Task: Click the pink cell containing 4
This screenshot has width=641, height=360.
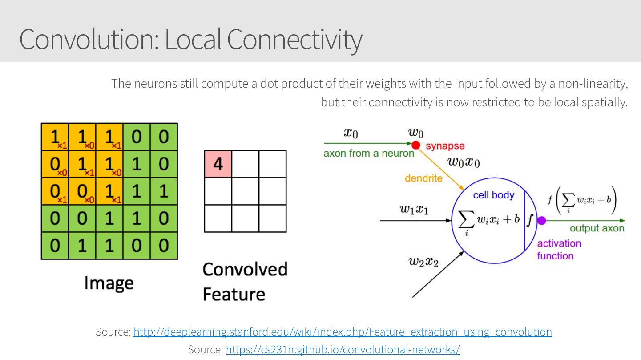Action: tap(218, 164)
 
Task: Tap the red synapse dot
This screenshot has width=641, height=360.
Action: tap(416, 144)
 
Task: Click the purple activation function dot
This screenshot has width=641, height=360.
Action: tap(541, 220)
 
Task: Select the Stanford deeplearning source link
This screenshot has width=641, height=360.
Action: tap(343, 332)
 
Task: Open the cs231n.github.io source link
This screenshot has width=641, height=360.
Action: tap(343, 350)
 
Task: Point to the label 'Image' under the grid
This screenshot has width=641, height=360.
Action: tap(109, 283)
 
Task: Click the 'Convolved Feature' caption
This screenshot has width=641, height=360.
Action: tap(245, 281)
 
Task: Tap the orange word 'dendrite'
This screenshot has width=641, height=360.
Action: tap(423, 178)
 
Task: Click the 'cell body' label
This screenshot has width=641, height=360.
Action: tap(493, 195)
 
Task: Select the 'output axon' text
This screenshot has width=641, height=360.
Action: tap(597, 228)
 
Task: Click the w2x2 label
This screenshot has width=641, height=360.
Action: tap(423, 262)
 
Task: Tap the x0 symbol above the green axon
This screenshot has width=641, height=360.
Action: tap(351, 133)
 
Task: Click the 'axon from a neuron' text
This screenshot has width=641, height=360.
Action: tap(369, 154)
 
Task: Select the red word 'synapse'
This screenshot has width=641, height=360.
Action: tap(445, 146)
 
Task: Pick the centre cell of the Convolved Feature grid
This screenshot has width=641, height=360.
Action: tap(245, 191)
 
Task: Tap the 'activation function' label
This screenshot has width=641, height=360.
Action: tap(559, 250)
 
